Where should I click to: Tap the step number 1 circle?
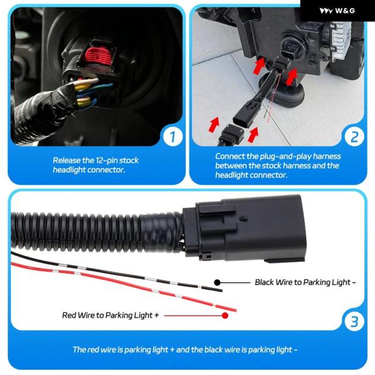tap(173, 136)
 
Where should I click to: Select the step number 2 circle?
tap(354, 137)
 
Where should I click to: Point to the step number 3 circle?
tap(354, 321)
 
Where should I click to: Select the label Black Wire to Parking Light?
tap(305, 282)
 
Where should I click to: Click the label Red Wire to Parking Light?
tap(110, 315)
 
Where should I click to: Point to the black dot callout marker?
tap(217, 282)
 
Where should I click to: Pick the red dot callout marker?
tap(225, 316)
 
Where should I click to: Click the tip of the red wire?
tap(236, 311)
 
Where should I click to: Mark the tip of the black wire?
tap(221, 291)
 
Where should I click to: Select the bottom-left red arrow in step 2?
tap(214, 124)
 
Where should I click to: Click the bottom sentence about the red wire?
tap(185, 349)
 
